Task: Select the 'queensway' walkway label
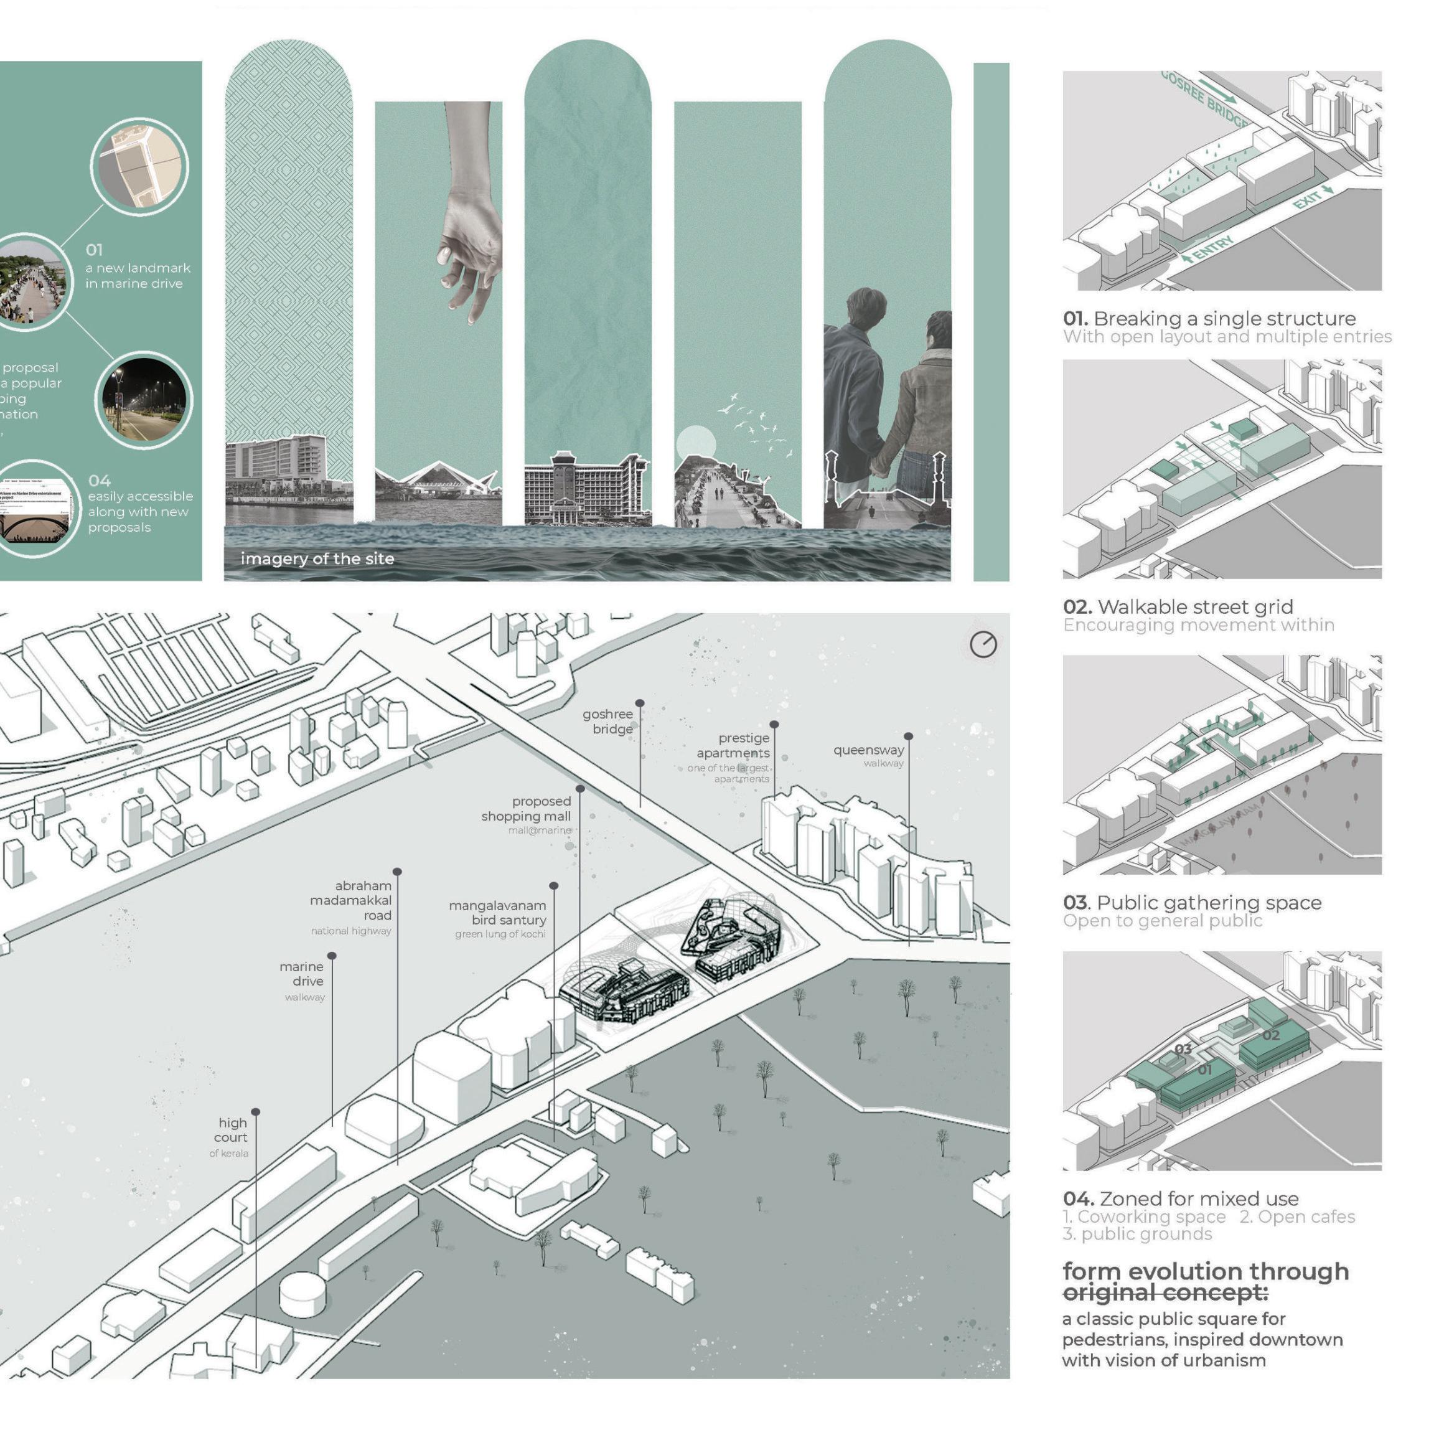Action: point(868,751)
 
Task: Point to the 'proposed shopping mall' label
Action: point(526,809)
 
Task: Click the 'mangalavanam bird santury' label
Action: point(498,913)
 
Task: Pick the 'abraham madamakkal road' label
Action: point(352,900)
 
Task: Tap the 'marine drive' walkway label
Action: point(302,974)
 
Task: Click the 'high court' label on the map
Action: point(231,1131)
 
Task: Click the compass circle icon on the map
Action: point(983,644)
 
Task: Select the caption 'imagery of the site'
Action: point(317,559)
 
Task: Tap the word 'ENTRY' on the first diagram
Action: point(1211,249)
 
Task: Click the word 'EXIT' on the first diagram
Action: point(1308,200)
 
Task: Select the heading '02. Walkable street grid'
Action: point(1178,607)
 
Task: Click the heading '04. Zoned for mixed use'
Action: point(1181,1198)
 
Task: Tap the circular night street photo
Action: point(144,400)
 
